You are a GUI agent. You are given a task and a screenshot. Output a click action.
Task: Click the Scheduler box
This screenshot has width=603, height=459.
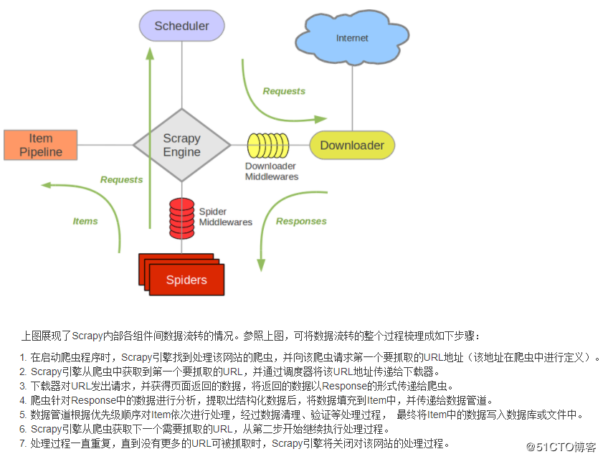182,26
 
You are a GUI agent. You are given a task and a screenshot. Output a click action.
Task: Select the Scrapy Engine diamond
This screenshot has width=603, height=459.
182,145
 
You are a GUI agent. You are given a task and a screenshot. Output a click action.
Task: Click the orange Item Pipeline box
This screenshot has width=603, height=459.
41,145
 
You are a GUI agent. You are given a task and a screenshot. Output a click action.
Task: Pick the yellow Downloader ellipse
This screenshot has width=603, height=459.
351,146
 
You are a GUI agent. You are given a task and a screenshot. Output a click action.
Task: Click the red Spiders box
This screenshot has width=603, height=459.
186,278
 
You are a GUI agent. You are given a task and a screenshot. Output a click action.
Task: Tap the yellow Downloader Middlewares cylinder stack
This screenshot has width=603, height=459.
267,146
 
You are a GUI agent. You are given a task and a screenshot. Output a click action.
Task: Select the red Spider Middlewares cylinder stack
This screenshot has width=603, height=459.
181,218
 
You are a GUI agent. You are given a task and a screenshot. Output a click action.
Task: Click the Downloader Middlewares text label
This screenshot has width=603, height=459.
272,171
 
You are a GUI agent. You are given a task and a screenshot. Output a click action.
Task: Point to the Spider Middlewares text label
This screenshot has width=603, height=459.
225,217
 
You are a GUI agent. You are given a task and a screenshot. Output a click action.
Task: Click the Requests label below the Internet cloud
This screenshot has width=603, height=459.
284,91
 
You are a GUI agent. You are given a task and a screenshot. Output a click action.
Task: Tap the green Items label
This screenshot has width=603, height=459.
85,221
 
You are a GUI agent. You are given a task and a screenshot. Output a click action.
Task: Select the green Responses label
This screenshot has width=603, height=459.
301,221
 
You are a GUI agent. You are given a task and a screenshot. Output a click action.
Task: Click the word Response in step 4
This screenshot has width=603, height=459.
92,400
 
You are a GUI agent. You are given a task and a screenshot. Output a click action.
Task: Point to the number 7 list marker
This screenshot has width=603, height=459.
22,443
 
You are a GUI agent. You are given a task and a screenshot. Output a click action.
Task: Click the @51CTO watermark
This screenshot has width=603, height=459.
561,447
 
